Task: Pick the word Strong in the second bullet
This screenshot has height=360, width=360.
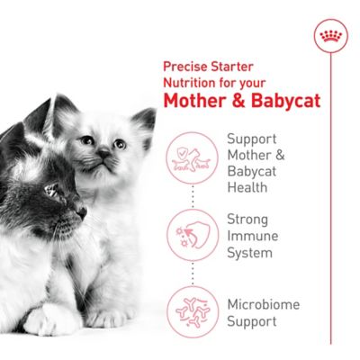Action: click(x=247, y=219)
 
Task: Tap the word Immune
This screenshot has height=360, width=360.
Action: click(x=251, y=235)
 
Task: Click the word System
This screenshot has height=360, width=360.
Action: click(x=249, y=252)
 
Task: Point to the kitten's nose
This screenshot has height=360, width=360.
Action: click(x=104, y=155)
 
